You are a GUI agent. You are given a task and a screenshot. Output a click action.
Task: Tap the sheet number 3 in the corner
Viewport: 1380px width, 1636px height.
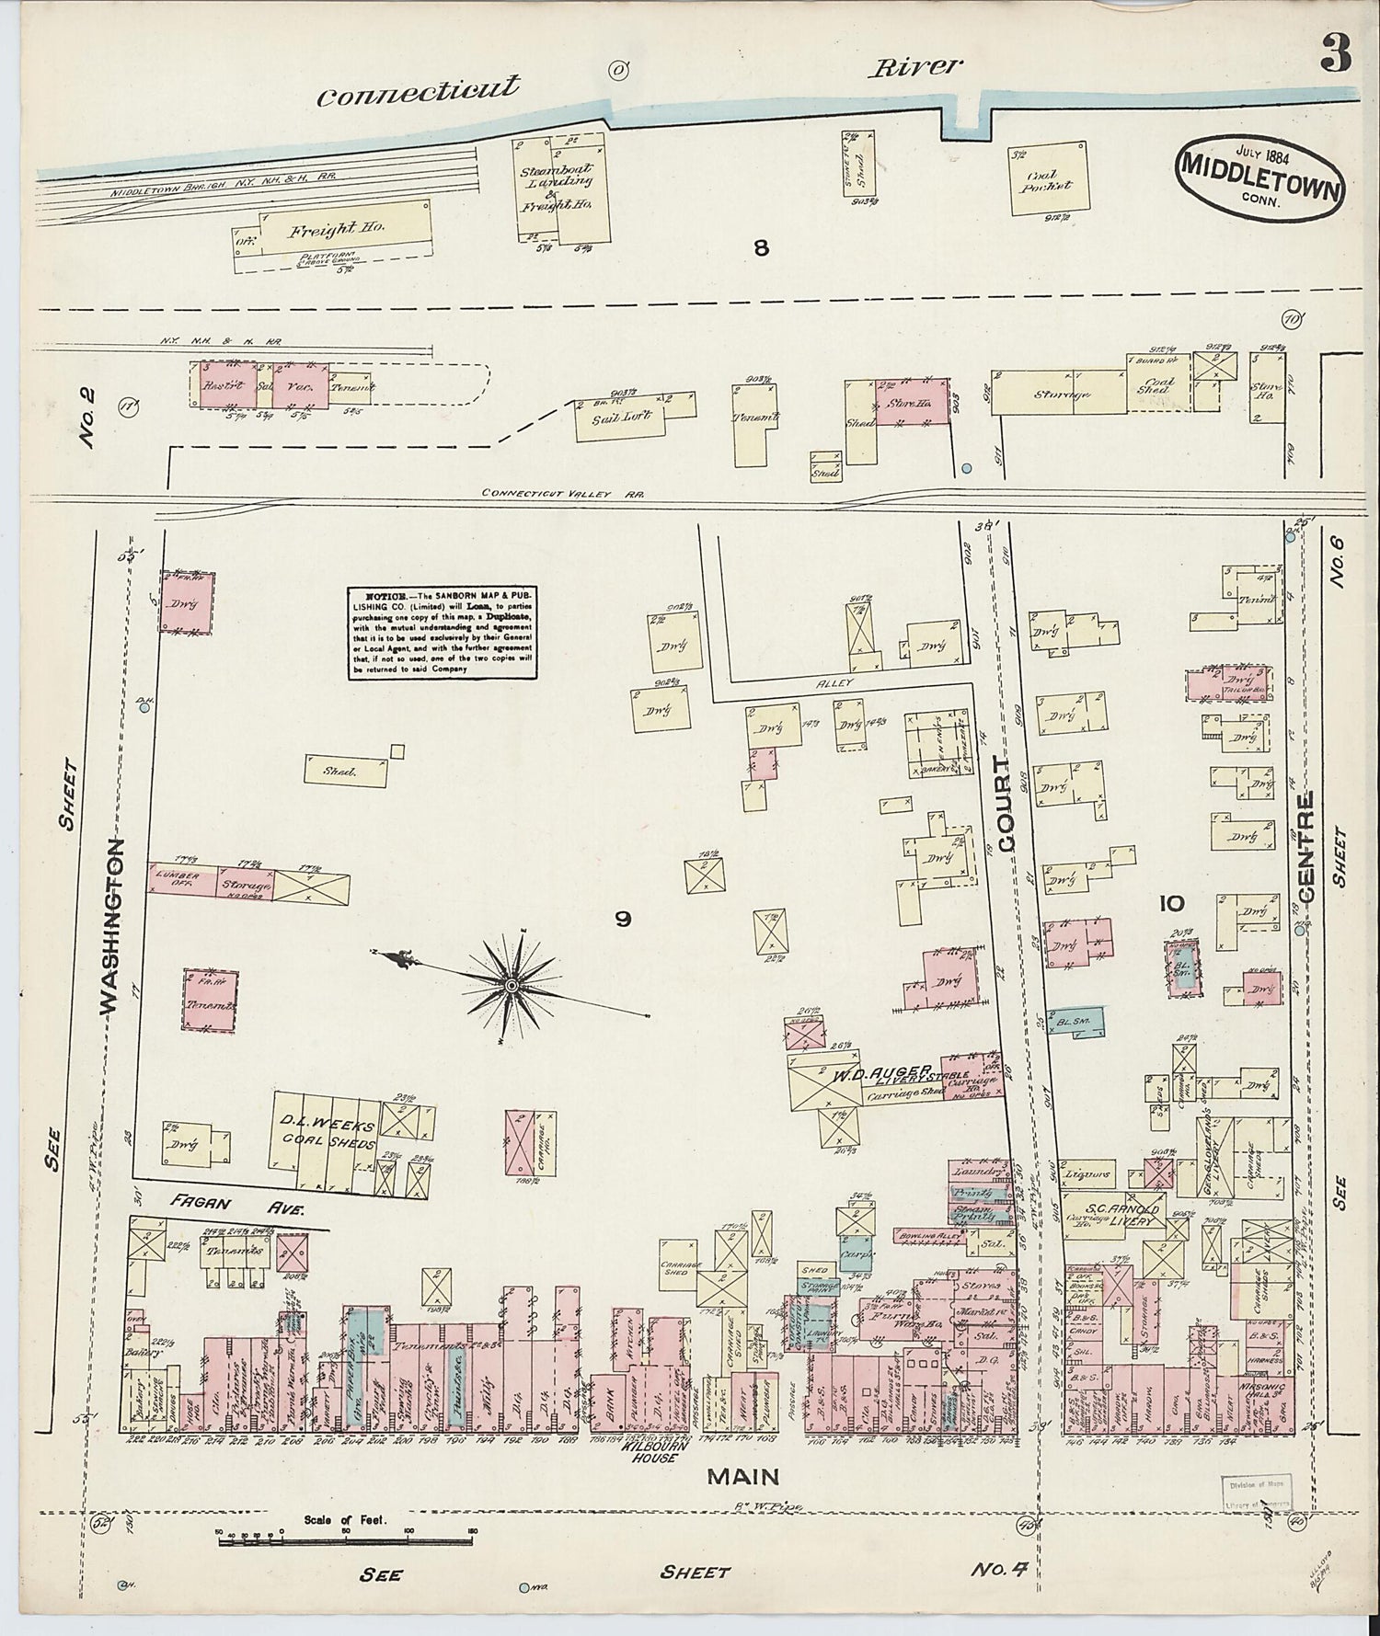(1335, 56)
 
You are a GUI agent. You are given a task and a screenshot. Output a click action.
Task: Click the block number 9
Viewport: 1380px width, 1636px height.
(623, 919)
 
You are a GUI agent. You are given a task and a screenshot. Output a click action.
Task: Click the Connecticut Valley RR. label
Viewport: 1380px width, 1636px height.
(562, 494)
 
